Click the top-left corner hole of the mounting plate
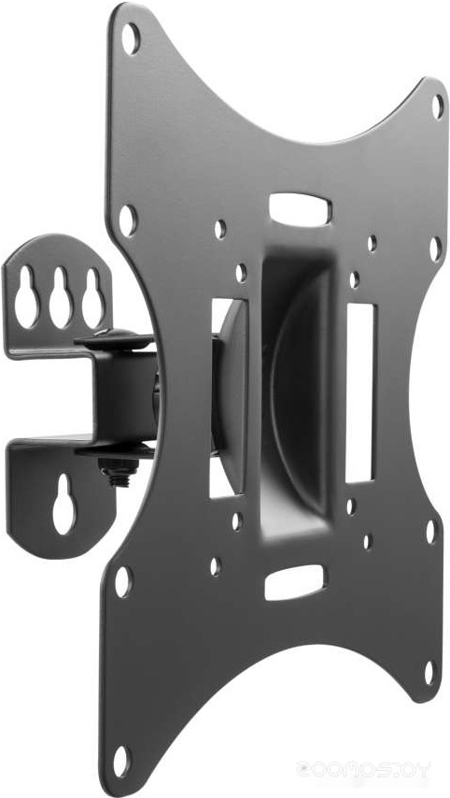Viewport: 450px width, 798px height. click(131, 38)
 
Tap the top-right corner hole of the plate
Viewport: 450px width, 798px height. click(437, 106)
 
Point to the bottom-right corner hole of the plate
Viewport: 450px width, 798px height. click(429, 671)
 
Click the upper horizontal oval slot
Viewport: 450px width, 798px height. click(300, 207)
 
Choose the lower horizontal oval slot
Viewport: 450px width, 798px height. click(294, 582)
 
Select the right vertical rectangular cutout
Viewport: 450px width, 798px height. click(359, 392)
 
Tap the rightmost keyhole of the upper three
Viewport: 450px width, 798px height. click(91, 296)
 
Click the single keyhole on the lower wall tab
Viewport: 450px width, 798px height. click(63, 504)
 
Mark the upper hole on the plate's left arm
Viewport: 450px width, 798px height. click(127, 220)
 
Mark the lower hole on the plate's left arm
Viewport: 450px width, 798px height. click(122, 581)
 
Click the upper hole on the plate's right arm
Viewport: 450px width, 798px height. click(434, 248)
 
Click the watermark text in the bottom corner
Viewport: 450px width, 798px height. click(364, 770)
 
